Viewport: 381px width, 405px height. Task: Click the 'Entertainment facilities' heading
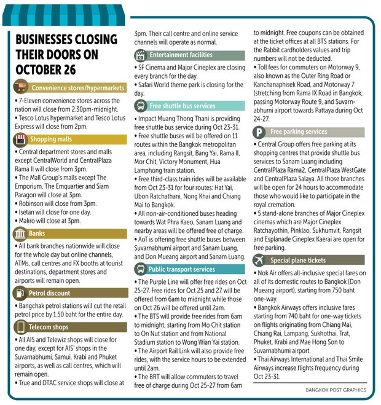click(x=184, y=55)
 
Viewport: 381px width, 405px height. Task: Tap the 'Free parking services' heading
click(x=299, y=132)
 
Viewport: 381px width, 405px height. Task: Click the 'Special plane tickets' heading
click(x=298, y=260)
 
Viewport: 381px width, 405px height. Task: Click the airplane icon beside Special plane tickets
click(x=260, y=260)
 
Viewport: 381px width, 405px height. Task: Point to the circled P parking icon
click(x=260, y=132)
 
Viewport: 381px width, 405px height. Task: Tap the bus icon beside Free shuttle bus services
click(x=140, y=106)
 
